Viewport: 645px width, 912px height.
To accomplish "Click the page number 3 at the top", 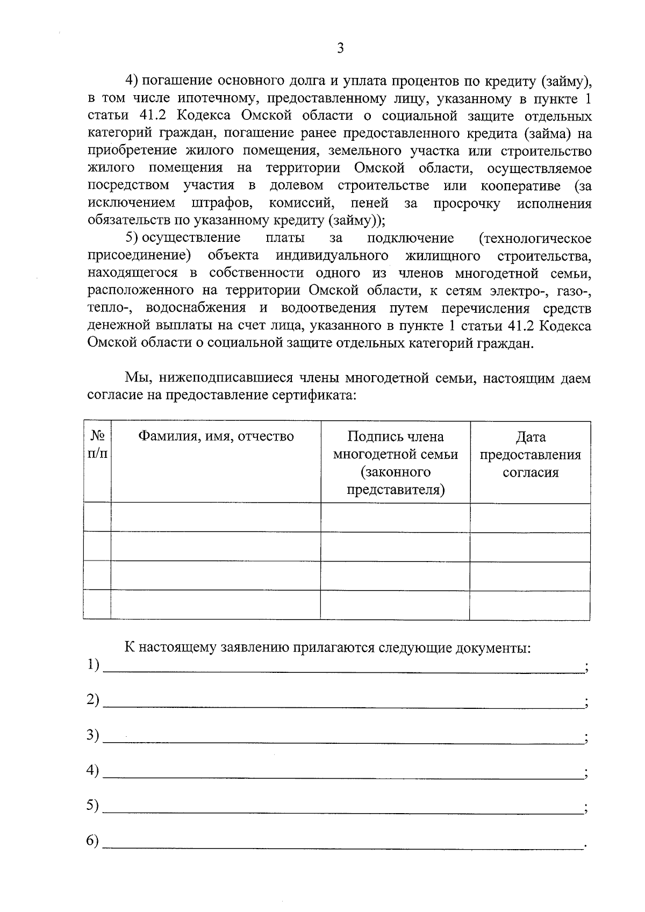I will (339, 49).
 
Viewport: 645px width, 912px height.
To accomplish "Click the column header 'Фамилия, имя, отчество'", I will (216, 436).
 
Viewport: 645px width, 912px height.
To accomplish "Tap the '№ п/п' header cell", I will (97, 444).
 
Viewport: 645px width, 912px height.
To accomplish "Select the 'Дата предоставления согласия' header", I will (530, 455).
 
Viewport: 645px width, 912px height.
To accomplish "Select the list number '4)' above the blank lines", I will (93, 771).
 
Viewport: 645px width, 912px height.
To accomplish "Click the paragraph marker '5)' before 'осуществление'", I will (132, 238).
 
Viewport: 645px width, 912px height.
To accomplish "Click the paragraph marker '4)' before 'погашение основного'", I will (132, 81).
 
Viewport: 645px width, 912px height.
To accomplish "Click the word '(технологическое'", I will (535, 238).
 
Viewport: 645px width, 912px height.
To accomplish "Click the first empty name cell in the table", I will (216, 518).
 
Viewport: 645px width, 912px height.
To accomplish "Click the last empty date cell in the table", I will (530, 605).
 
